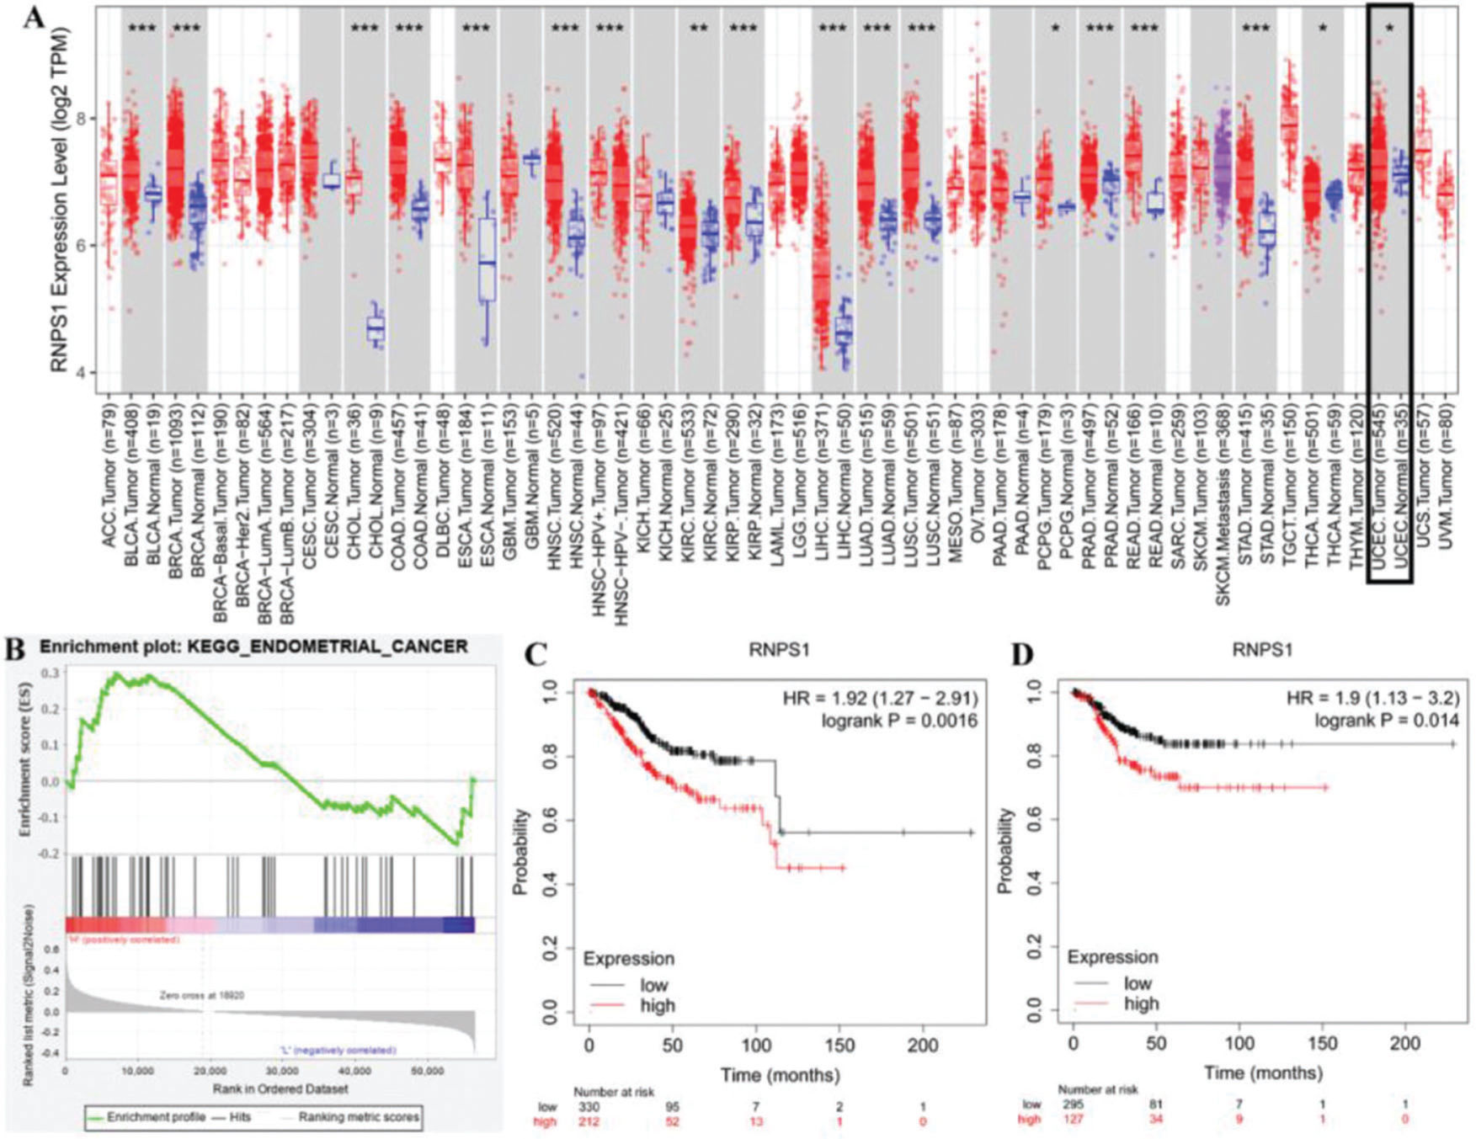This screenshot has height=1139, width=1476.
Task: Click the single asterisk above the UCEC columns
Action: [1389, 29]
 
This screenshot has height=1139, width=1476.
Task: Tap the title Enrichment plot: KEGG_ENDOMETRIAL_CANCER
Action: [253, 647]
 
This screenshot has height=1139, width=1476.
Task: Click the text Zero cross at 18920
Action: [203, 995]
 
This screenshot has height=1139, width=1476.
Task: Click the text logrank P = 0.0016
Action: [899, 721]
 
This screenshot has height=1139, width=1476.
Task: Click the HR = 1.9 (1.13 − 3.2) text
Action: [1373, 698]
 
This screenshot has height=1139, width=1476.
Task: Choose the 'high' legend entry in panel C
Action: [658, 1005]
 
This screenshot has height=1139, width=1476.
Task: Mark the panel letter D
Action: [1020, 654]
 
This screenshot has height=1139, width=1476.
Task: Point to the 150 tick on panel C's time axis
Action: [840, 1046]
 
